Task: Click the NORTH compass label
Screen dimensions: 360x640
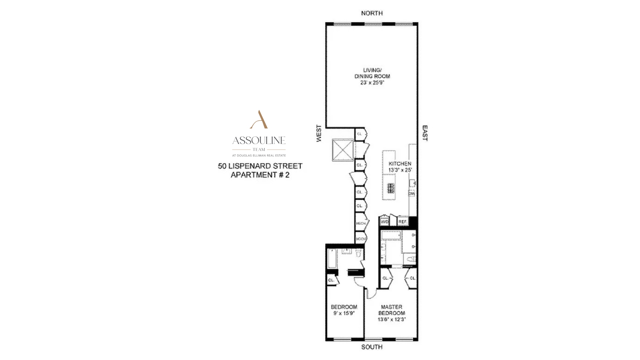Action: pos(372,13)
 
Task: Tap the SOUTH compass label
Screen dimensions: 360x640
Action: pos(372,347)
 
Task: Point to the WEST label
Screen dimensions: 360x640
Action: pos(319,133)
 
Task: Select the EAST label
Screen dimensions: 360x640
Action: pos(425,133)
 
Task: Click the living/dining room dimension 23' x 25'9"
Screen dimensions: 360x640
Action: pos(372,82)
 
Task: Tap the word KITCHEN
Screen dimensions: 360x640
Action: pos(400,164)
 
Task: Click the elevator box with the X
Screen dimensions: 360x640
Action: pos(342,150)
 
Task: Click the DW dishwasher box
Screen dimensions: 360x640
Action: pos(411,193)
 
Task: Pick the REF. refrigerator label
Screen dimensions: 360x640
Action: pos(403,221)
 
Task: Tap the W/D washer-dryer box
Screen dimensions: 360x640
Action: pos(385,221)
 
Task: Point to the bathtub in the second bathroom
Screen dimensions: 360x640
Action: pos(332,258)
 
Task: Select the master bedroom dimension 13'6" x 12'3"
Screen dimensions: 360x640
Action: pos(391,319)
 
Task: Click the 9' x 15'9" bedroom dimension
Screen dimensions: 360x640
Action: pos(344,313)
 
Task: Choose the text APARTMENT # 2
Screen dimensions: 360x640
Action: pos(260,175)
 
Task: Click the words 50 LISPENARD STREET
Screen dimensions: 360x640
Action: pos(260,166)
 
